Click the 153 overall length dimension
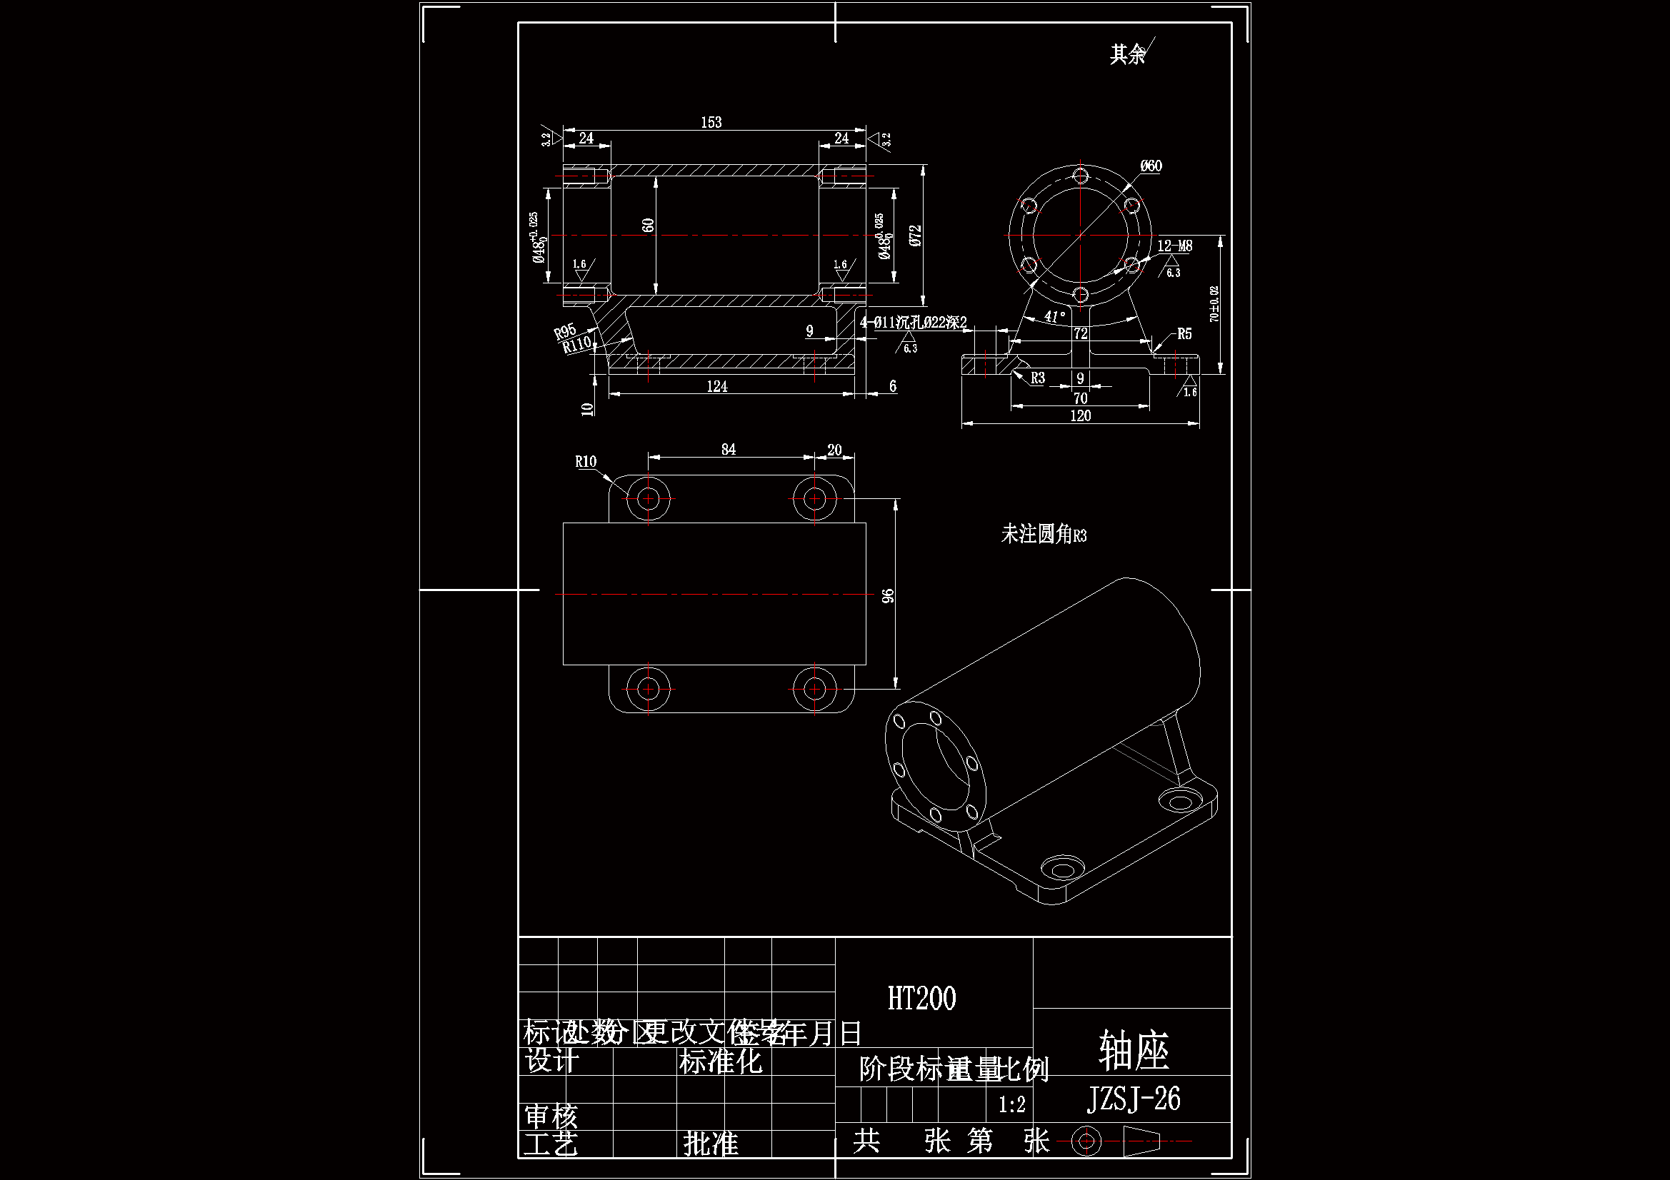[711, 122]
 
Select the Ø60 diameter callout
[1151, 166]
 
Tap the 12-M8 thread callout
[1175, 246]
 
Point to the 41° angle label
[1055, 316]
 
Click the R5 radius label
[1184, 333]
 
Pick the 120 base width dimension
[1080, 416]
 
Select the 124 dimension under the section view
[716, 387]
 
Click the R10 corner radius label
[586, 462]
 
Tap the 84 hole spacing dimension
[728, 449]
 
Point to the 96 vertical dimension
[888, 595]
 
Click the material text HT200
[921, 999]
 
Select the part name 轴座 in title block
[1133, 1051]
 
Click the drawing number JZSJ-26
[1133, 1099]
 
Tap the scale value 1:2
[1011, 1105]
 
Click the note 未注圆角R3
[1043, 535]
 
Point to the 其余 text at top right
[1126, 54]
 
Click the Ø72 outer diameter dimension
[916, 235]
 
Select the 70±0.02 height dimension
[1214, 304]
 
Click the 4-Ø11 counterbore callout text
[914, 322]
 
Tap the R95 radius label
[564, 332]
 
